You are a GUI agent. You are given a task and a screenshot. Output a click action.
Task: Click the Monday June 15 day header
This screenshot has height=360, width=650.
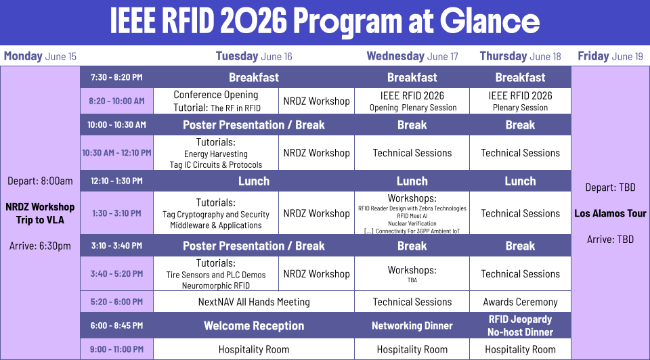point(40,56)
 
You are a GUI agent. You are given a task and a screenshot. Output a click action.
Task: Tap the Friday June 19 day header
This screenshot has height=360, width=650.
point(610,56)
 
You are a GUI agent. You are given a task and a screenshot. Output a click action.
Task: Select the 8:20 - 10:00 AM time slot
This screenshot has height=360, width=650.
point(116,101)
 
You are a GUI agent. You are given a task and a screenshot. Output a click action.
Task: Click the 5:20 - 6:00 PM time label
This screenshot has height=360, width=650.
point(116,302)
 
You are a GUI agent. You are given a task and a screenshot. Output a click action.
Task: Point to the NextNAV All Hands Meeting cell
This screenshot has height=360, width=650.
point(254,302)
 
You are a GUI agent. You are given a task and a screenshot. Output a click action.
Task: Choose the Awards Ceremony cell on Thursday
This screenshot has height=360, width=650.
point(520,302)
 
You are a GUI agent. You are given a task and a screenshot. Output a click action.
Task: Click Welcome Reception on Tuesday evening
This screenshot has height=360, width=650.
point(254,325)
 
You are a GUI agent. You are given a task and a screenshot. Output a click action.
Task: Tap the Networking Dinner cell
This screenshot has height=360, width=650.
point(412,325)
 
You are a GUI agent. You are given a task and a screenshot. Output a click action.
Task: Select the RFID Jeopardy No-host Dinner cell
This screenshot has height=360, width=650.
point(520,325)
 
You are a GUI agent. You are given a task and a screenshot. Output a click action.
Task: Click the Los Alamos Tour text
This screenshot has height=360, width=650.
point(610,213)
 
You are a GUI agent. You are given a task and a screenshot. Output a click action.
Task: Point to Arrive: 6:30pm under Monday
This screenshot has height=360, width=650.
point(40,246)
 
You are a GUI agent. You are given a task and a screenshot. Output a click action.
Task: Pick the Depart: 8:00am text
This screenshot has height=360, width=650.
point(40,181)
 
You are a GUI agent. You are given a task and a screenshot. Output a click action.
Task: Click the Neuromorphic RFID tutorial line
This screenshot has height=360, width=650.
point(216,286)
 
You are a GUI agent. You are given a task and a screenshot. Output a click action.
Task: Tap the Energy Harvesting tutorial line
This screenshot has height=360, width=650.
point(216,154)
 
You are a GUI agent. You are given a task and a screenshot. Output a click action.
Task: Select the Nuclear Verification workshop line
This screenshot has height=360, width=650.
point(412,223)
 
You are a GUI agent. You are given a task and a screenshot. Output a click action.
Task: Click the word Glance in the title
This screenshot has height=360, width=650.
point(490,21)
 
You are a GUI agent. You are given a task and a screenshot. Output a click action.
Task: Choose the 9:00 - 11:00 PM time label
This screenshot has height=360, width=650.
point(116,349)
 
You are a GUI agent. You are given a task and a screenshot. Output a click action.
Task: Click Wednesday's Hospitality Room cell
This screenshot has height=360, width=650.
point(412,350)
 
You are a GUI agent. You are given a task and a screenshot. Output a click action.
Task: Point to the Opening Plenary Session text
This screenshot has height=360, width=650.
point(413,108)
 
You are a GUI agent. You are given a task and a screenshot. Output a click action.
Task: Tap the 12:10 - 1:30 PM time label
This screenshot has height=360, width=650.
point(116,181)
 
